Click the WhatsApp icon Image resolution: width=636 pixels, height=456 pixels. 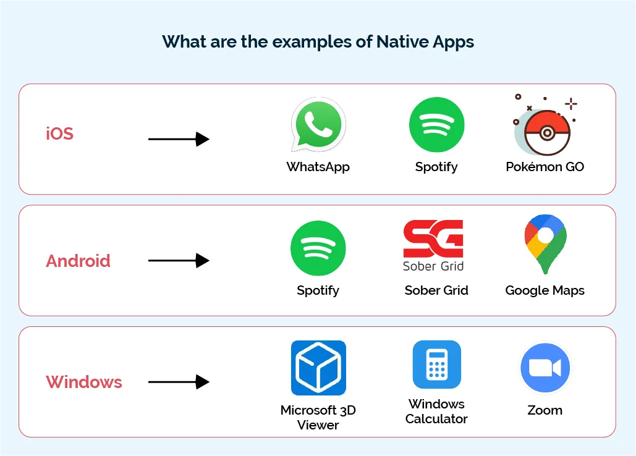[318, 125]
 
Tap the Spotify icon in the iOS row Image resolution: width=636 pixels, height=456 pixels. [436, 125]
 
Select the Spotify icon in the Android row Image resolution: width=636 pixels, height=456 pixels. [318, 248]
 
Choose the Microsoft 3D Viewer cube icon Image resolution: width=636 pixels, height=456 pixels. [318, 368]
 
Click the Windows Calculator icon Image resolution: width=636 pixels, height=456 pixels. [437, 365]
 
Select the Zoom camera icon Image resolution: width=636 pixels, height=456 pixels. [545, 368]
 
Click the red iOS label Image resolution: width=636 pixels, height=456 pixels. [60, 133]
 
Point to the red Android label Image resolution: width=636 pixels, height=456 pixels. [78, 261]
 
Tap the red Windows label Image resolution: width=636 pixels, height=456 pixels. [84, 382]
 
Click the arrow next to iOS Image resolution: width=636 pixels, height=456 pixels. [179, 139]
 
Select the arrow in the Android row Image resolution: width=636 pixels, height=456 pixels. [179, 261]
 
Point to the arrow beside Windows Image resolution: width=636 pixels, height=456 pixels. [179, 382]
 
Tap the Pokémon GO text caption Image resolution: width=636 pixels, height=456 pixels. [545, 167]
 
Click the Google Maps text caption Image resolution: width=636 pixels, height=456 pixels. [545, 290]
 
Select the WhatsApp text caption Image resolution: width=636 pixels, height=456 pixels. [318, 167]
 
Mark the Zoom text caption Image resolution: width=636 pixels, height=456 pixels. [545, 410]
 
